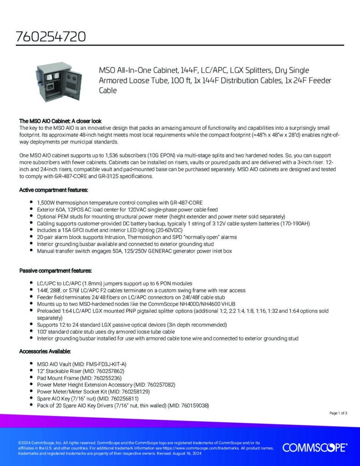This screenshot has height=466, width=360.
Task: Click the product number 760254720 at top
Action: point(51,36)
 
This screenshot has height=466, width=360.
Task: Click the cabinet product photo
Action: point(54,81)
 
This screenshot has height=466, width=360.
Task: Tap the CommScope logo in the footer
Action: point(314,448)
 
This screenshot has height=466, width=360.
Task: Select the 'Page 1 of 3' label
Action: point(338,413)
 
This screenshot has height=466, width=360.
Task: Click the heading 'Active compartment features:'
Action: point(53,190)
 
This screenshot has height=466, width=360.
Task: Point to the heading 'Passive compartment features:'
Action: point(56,271)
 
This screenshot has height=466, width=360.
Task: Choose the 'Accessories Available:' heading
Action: point(45,352)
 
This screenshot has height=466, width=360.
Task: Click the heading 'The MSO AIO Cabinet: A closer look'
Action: point(60,122)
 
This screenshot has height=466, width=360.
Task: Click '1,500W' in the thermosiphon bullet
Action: point(46,203)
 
